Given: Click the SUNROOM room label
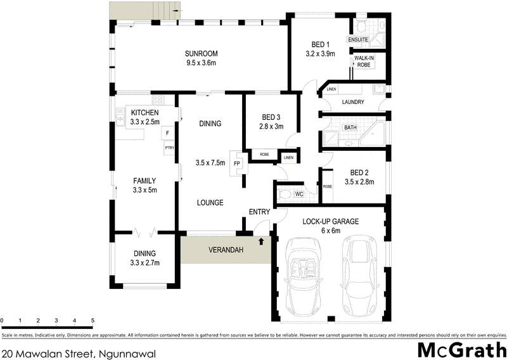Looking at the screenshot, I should point(201,53).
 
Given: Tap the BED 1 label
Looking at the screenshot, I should point(320,44).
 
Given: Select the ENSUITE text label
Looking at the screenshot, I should point(358,40).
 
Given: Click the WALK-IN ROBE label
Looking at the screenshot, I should point(364,61).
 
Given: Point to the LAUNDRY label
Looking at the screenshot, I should point(352,102).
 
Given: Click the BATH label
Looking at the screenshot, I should point(350,128).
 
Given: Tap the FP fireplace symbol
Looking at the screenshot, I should point(237,163).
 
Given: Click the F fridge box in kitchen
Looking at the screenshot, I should point(168,133).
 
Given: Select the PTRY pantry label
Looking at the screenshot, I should point(169,148).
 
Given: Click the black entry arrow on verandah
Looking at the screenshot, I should point(261,241).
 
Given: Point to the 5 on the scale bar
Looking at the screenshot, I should point(93,321).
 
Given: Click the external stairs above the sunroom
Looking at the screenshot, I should point(144,10).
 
